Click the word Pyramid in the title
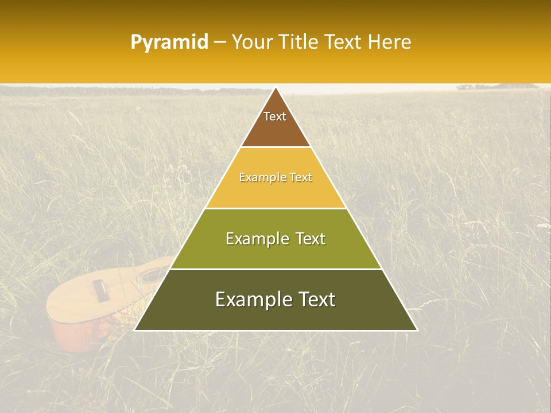coord(169,42)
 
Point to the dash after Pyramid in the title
coord(219,42)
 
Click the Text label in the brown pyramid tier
coord(275,116)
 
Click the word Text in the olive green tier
coord(311,239)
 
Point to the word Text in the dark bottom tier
coord(316,299)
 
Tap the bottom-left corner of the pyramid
coord(135,330)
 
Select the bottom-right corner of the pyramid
coord(417,330)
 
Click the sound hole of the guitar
coord(153,275)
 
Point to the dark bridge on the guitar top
coord(100,290)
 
